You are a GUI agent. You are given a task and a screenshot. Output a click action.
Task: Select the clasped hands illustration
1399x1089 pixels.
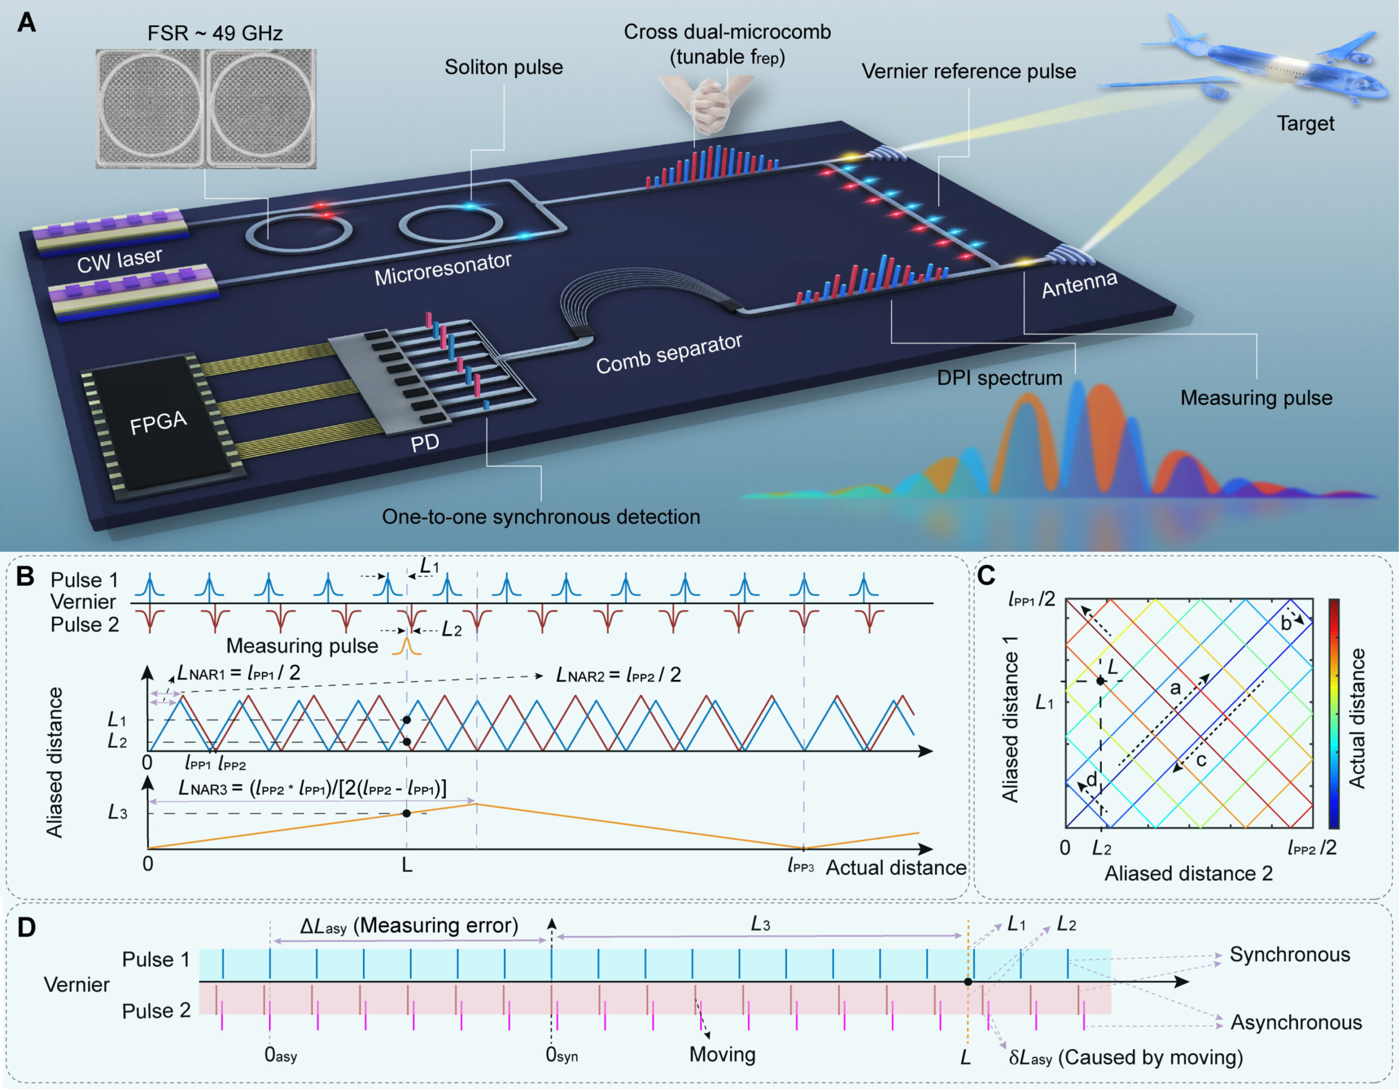[x=708, y=103]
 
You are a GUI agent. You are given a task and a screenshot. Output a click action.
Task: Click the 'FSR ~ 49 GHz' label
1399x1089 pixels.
[x=215, y=33]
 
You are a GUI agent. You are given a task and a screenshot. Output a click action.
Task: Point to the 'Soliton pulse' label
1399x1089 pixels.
[x=503, y=67]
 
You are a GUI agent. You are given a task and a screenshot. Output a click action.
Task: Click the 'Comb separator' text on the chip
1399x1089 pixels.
[x=669, y=354]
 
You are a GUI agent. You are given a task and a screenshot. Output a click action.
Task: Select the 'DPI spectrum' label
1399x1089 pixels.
[x=1000, y=378]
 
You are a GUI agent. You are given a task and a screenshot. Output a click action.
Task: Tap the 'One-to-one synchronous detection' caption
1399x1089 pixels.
[x=540, y=517]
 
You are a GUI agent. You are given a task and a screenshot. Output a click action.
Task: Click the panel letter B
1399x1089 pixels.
[x=25, y=576]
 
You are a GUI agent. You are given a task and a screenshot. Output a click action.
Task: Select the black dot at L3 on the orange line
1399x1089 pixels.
[x=406, y=814]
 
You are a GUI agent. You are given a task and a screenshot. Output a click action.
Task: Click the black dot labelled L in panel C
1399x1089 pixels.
[x=1100, y=681]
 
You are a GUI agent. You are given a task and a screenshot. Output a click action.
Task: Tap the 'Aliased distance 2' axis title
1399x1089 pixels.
[x=1188, y=874]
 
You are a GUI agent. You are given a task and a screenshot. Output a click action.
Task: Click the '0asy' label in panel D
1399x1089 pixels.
[x=280, y=1055]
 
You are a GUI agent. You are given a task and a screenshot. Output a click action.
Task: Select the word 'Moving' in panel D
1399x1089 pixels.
[x=722, y=1055]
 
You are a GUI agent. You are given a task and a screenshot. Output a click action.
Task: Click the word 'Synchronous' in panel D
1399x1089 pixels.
[x=1290, y=955]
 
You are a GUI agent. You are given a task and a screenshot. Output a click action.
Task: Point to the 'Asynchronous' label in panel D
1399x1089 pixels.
[x=1296, y=1022]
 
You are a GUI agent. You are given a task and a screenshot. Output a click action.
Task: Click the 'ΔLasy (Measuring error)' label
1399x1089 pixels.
[x=409, y=926]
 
